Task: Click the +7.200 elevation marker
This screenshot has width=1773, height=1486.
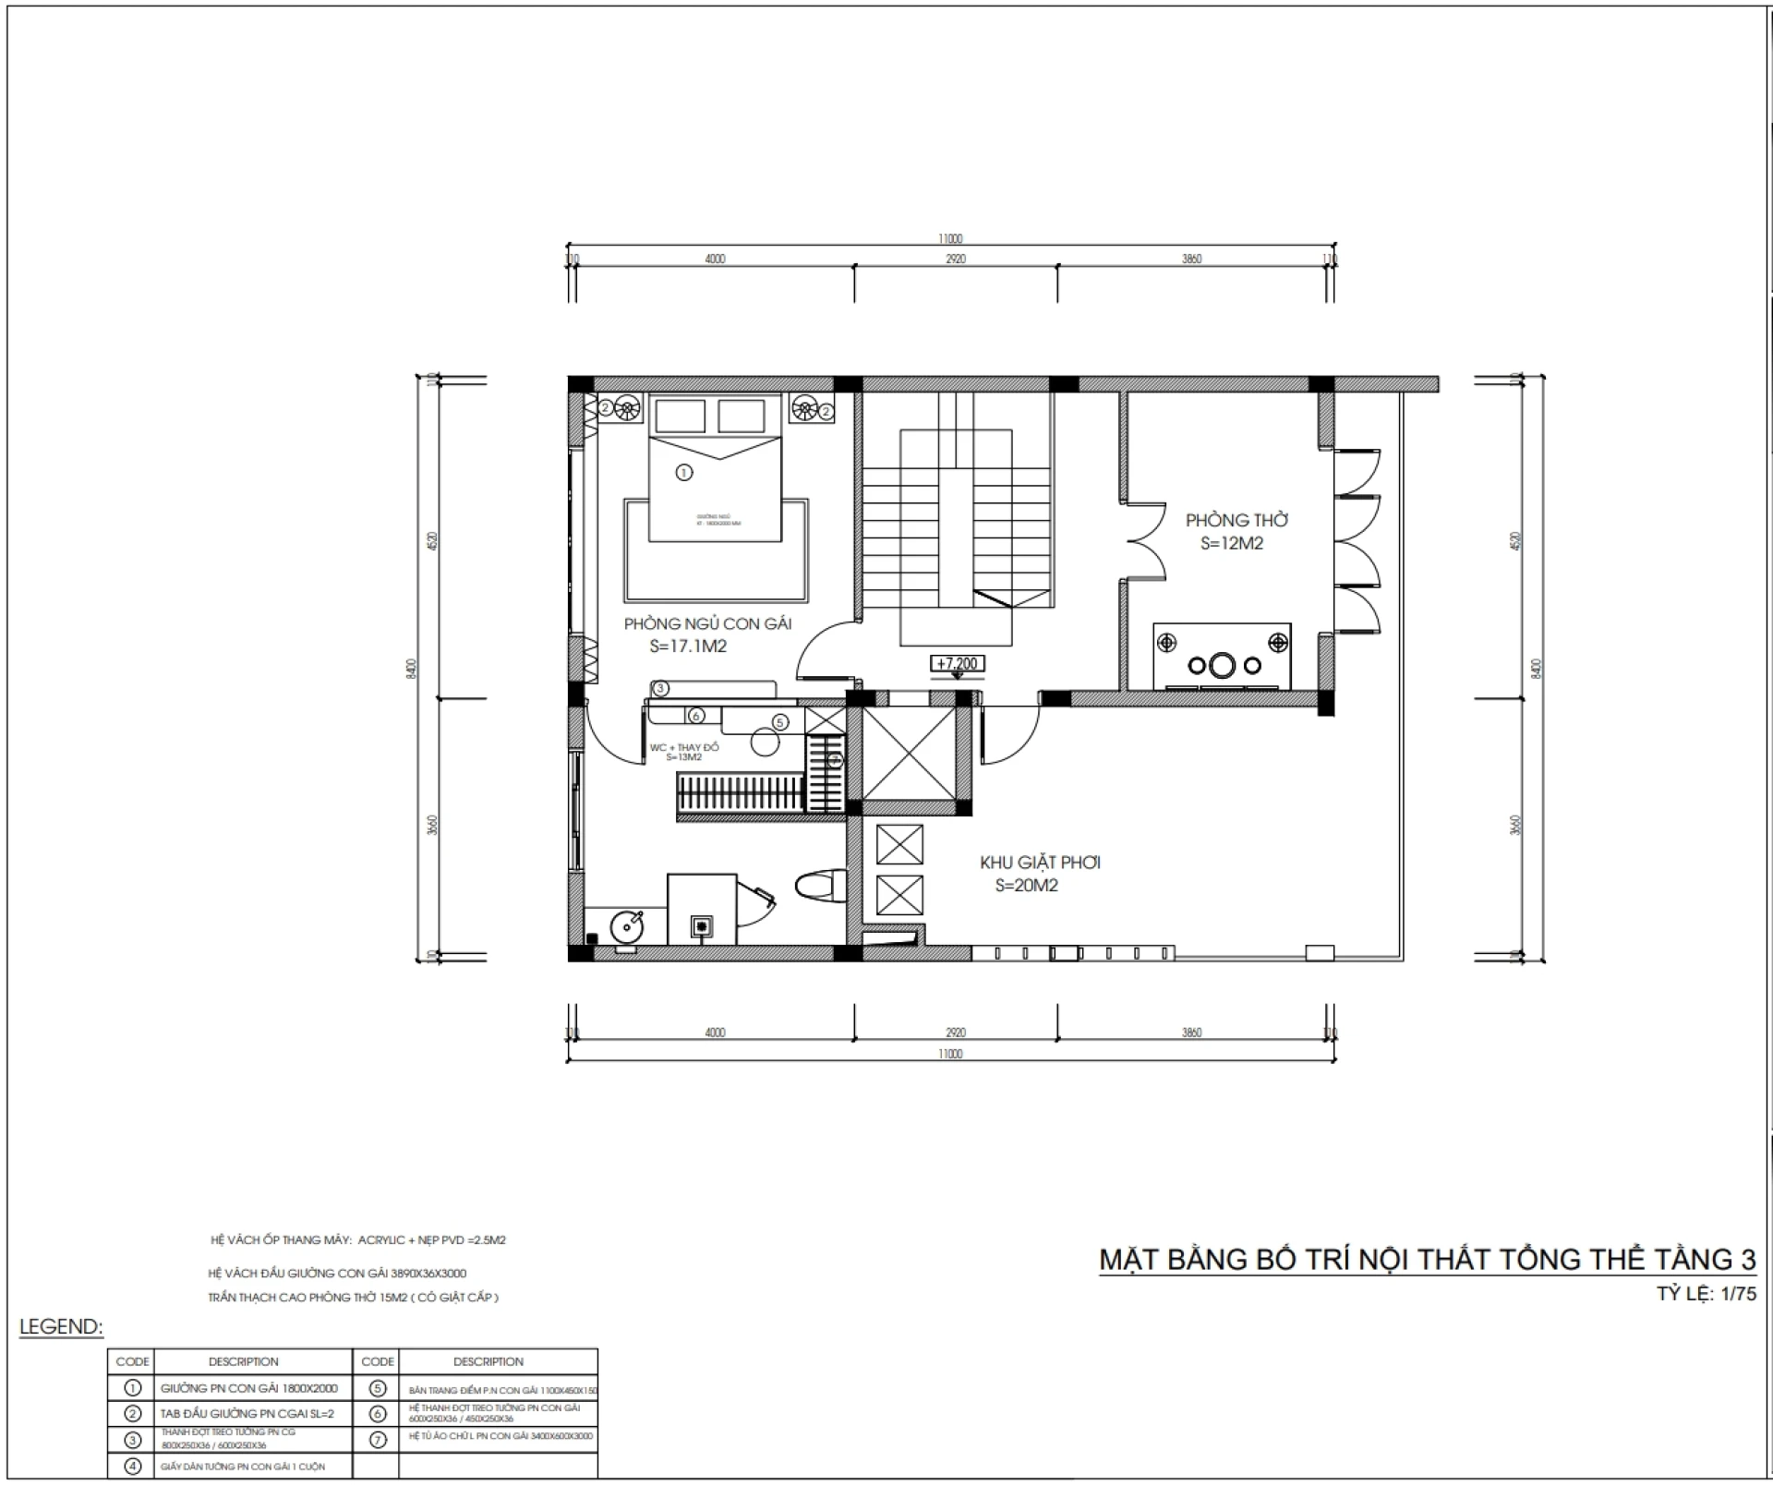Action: (x=957, y=663)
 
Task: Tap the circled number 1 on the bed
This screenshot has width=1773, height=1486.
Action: (x=683, y=472)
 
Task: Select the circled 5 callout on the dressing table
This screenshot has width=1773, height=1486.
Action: (x=780, y=722)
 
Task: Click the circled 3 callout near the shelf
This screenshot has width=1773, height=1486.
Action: (x=660, y=688)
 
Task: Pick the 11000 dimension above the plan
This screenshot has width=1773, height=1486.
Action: (x=950, y=239)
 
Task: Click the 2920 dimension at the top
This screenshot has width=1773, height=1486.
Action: (x=956, y=260)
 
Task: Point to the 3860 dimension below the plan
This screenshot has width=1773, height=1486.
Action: (x=1191, y=1033)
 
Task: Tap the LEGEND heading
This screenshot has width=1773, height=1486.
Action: (x=61, y=1327)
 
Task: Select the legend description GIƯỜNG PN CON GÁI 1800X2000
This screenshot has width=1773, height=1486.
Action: (x=248, y=1388)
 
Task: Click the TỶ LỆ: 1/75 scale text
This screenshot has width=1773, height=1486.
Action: (x=1706, y=1294)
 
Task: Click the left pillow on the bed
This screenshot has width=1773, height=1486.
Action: (x=681, y=416)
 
